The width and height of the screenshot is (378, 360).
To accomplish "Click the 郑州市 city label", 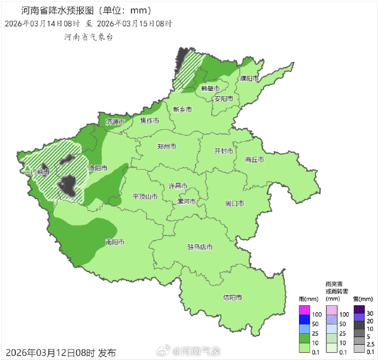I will click(167, 147).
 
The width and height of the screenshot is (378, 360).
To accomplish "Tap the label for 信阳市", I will click(232, 298).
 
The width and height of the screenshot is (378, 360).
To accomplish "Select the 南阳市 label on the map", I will click(114, 242).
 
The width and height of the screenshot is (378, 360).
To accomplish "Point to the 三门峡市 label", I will click(37, 172).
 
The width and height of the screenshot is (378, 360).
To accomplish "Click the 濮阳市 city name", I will click(249, 79).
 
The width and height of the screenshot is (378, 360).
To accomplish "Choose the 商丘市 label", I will click(255, 160).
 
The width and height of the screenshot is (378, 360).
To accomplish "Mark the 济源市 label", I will click(116, 121).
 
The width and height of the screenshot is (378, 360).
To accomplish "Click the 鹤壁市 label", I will click(210, 88).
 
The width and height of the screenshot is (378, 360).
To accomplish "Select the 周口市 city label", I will click(234, 204).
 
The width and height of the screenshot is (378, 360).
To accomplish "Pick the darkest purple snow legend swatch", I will click(359, 309).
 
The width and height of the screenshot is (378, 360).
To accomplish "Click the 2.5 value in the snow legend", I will click(370, 344).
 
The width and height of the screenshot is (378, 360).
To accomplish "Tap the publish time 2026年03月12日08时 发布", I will click(61, 352).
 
